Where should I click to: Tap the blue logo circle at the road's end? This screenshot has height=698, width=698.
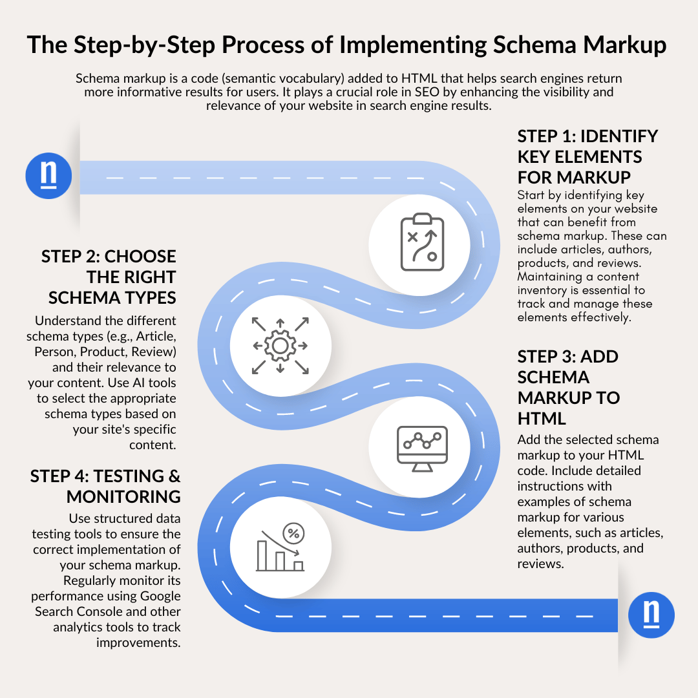coord(651,615)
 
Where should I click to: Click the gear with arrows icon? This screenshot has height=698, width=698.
coord(280,346)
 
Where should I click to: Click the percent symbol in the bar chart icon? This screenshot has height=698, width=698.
coord(293,533)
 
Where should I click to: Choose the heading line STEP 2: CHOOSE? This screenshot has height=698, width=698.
coord(109,256)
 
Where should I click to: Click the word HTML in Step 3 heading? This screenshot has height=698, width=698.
coord(542,418)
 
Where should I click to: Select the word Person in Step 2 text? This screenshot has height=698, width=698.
coord(52,352)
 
